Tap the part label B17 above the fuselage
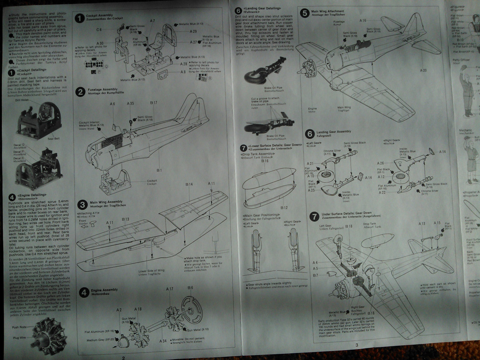pos(153,103)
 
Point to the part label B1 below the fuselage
pos(159,170)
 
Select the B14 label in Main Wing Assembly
pos(188,185)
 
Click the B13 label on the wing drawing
pos(125,219)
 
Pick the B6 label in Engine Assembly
pos(190,288)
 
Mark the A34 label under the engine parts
pos(163,341)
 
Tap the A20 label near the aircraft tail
pos(423,70)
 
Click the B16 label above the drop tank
pos(265,161)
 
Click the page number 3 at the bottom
pos(356,345)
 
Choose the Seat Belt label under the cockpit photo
pos(54,138)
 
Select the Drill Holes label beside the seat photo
pos(22,100)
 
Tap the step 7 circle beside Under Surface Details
pos(315,216)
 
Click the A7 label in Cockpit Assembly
pos(152,21)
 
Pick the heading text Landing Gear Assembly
pos(333,132)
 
